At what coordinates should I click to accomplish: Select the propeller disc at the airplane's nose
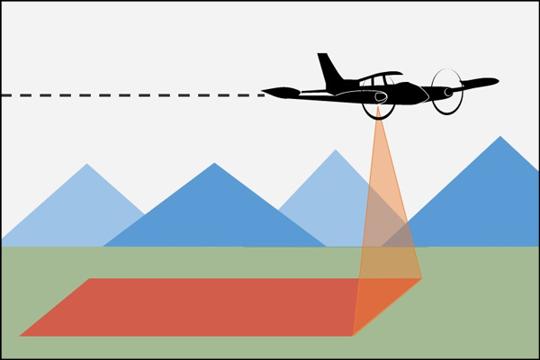[x=447, y=92]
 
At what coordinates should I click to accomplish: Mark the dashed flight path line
[x=135, y=94]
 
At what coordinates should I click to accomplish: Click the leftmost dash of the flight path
[x=7, y=94]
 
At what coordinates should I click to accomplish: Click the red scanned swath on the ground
[x=198, y=306]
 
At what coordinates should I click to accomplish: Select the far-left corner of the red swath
[x=90, y=279]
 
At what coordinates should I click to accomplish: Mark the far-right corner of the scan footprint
[x=421, y=279]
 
